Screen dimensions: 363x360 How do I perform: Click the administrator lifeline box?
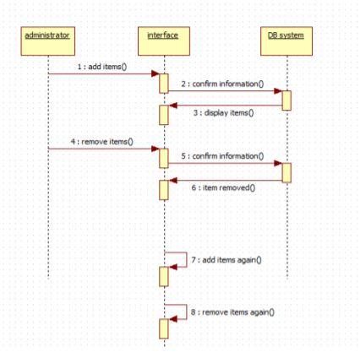tap(48, 36)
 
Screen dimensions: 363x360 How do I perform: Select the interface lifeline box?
tap(164, 36)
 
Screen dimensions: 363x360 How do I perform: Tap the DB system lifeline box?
tap(286, 36)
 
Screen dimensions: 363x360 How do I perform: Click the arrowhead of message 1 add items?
tap(155, 74)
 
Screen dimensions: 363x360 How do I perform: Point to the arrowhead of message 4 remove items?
tap(155, 149)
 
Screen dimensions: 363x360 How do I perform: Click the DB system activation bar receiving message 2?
tap(286, 100)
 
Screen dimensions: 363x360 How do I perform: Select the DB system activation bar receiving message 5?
tap(286, 172)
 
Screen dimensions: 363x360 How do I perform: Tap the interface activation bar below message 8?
tap(164, 328)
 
